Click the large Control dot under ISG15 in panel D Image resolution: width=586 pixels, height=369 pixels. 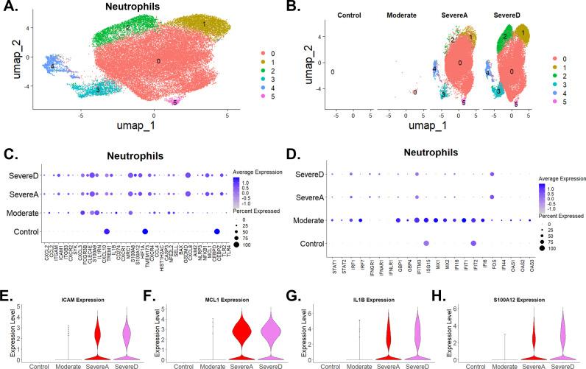(x=427, y=242)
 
